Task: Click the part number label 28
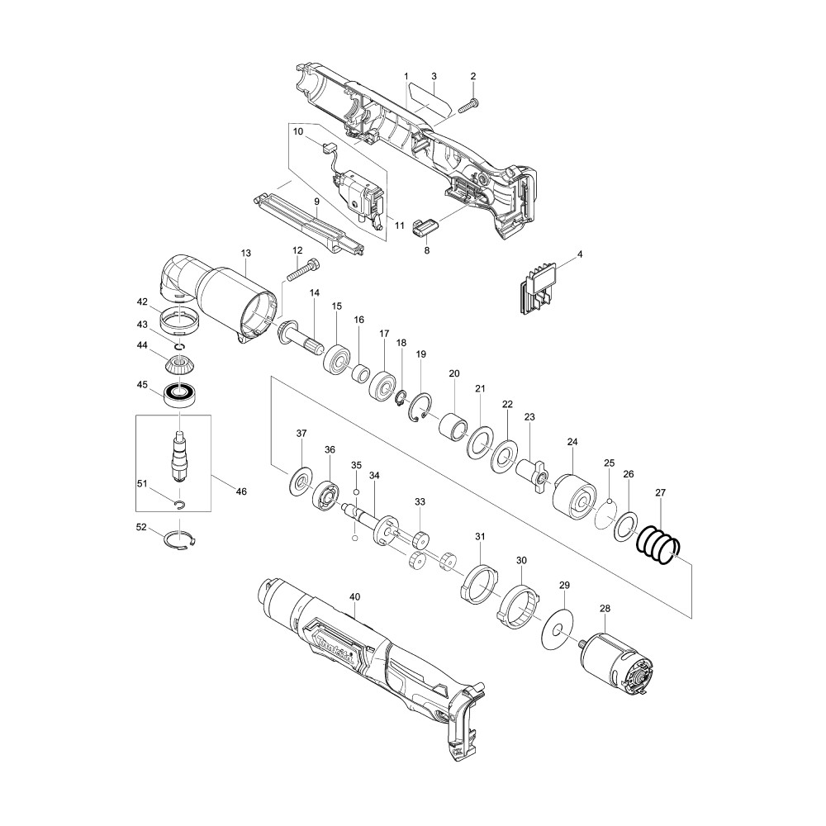pos(605,609)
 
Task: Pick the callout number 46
pos(240,491)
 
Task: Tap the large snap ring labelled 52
pos(179,542)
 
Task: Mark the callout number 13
pos(246,254)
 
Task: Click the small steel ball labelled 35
pos(356,491)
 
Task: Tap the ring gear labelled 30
pos(520,607)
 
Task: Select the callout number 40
pos(354,597)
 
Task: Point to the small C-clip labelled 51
pos(179,505)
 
